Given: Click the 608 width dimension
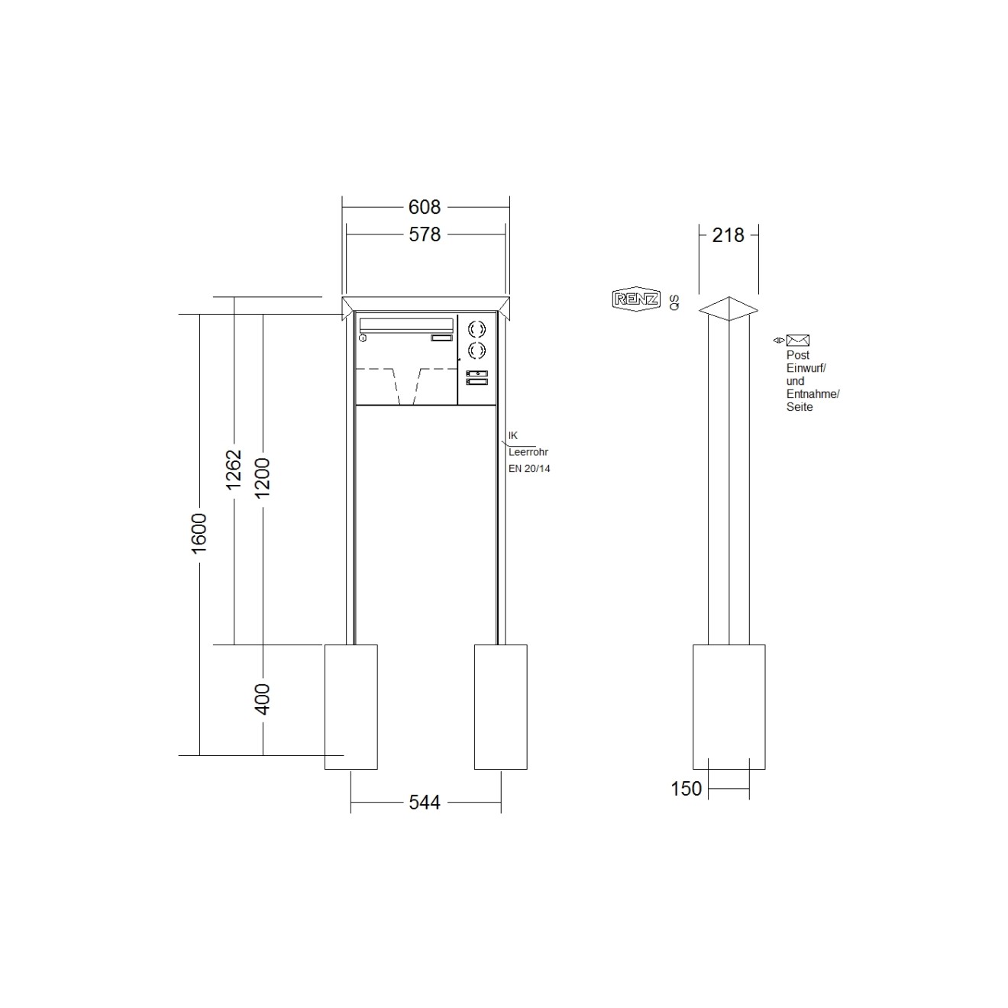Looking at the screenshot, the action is [425, 207].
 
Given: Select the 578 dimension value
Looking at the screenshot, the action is [425, 234].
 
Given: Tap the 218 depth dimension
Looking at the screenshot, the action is [728, 235].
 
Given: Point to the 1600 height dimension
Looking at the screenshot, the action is [199, 533].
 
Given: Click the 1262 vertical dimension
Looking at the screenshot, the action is [234, 470].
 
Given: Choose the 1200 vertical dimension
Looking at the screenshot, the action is [262, 478].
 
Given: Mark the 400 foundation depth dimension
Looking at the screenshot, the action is [262, 699].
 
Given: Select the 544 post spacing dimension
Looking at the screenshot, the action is [425, 802].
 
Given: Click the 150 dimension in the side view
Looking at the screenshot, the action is [686, 788].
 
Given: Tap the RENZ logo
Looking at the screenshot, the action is [636, 299].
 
